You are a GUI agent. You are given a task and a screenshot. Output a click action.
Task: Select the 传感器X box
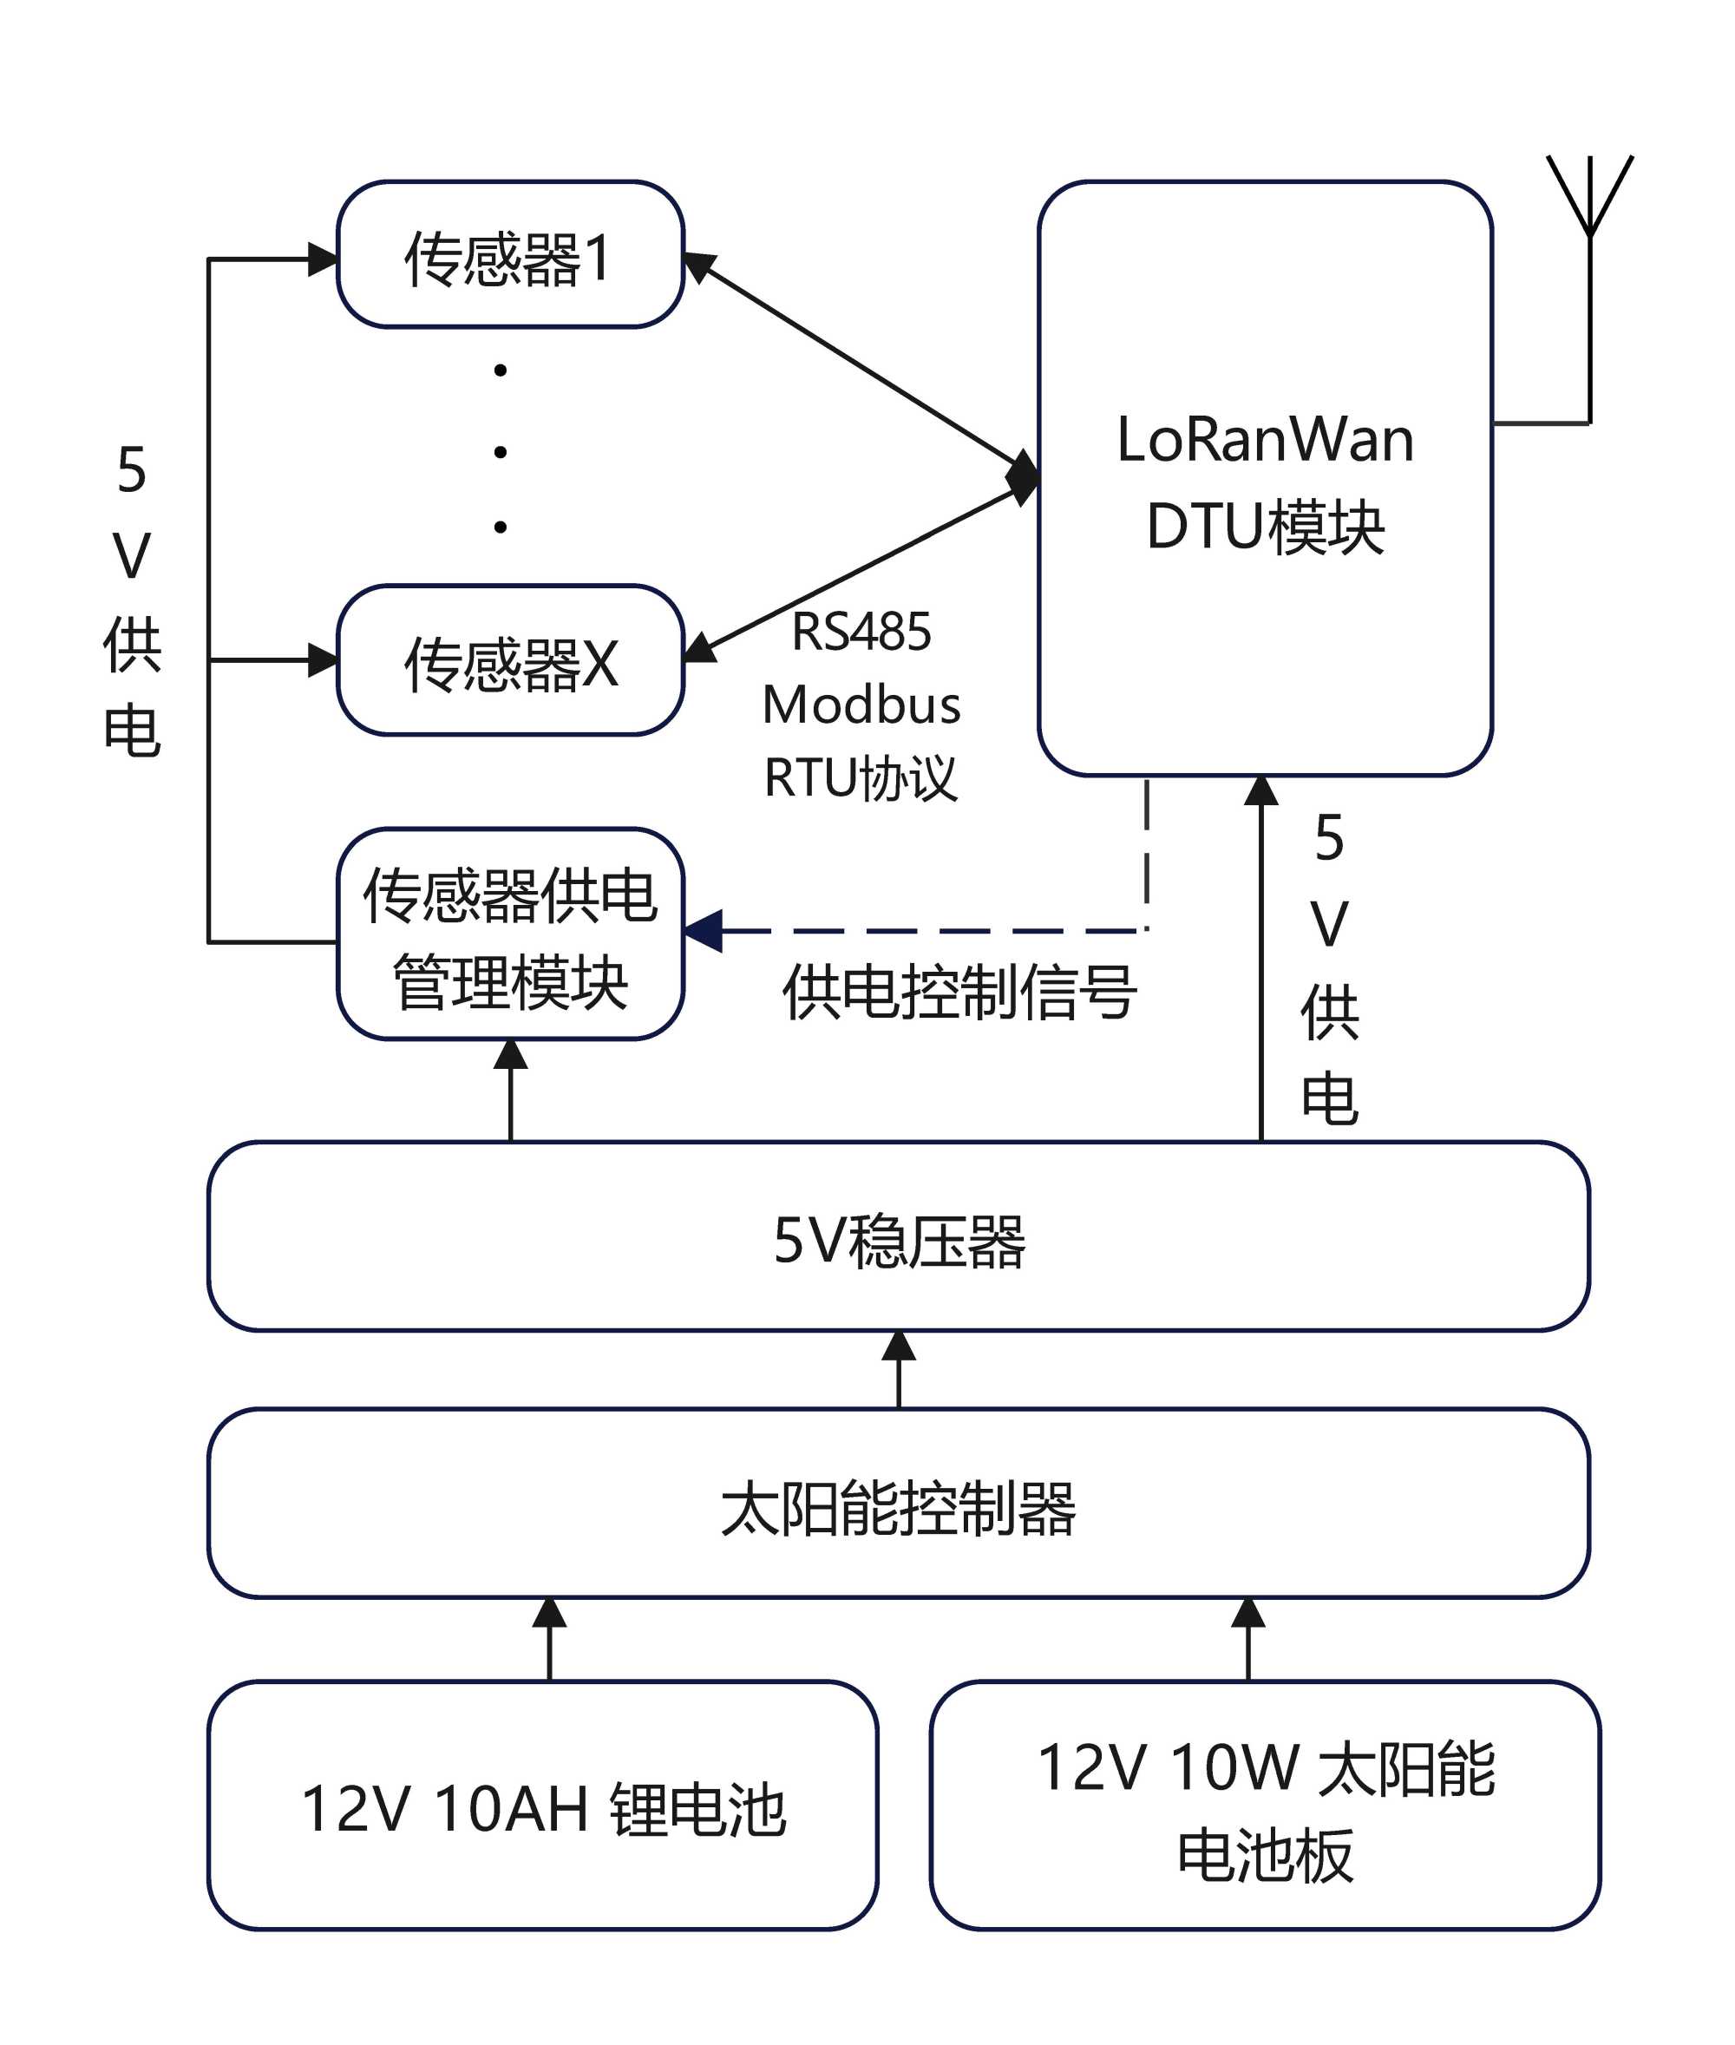(509, 660)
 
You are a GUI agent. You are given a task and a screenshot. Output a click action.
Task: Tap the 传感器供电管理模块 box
(509, 934)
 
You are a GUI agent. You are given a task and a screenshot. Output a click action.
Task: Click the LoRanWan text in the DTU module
(1265, 440)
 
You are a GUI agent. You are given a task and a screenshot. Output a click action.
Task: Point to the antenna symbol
(1588, 197)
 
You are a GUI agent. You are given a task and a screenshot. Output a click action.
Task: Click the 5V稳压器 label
(899, 1241)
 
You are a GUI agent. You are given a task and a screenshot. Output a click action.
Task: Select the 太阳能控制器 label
(899, 1508)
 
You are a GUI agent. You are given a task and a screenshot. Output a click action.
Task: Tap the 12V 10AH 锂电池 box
(543, 1807)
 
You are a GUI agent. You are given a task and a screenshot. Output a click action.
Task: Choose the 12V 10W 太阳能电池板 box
(1265, 1807)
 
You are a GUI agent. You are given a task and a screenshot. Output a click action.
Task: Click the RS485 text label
(861, 632)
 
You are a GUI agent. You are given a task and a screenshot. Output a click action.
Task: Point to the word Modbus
(861, 705)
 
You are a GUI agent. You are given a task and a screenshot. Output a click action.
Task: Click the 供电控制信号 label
(960, 992)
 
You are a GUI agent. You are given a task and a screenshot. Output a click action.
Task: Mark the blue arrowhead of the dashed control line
(704, 930)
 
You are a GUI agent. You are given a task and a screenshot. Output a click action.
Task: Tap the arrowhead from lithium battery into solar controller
(549, 1612)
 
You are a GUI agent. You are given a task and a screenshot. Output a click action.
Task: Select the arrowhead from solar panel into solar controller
(1248, 1612)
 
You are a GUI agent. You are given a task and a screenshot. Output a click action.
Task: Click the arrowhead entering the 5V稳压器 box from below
(899, 1346)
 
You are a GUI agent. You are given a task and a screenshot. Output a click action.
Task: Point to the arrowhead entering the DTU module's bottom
(1261, 792)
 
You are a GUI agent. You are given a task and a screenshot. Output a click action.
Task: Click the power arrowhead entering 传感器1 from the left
(323, 259)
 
